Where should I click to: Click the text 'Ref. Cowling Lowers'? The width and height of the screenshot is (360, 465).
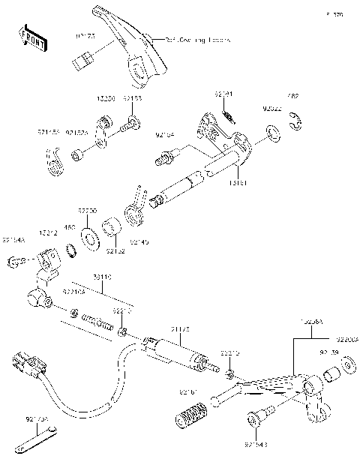pyautogui.click(x=197, y=39)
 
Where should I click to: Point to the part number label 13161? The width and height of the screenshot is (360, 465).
pyautogui.click(x=238, y=182)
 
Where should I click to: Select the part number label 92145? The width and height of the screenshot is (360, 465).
pyautogui.click(x=139, y=242)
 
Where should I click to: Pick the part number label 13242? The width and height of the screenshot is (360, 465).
pyautogui.click(x=48, y=233)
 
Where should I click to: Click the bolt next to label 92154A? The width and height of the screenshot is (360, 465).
pyautogui.click(x=16, y=260)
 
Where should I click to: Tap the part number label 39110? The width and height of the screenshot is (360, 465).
pyautogui.click(x=103, y=277)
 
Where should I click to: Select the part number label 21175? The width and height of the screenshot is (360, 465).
pyautogui.click(x=179, y=328)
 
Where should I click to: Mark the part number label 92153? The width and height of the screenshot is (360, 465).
pyautogui.click(x=132, y=98)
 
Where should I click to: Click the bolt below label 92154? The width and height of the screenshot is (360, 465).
pyautogui.click(x=162, y=158)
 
